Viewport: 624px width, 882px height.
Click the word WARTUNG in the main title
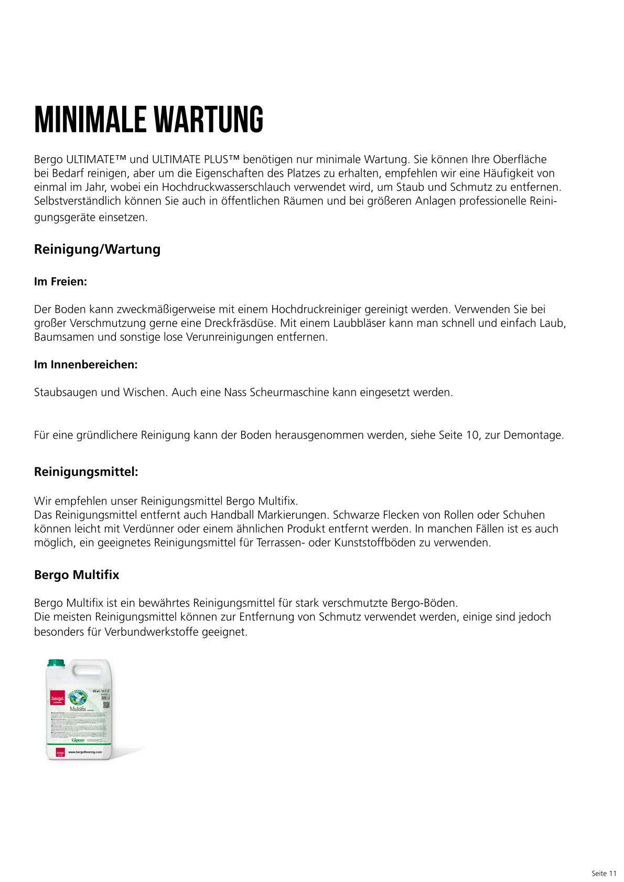(208, 120)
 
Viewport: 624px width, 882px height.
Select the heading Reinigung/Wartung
(97, 249)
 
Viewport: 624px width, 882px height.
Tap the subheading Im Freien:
(60, 281)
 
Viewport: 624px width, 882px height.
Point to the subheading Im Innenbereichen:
(85, 365)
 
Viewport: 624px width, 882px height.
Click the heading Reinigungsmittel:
(86, 472)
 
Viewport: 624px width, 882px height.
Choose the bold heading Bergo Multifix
(77, 575)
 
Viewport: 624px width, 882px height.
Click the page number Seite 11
(604, 873)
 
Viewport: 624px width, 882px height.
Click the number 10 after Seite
(472, 435)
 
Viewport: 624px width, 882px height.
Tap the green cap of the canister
(55, 663)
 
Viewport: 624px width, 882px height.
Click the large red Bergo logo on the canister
(57, 699)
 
